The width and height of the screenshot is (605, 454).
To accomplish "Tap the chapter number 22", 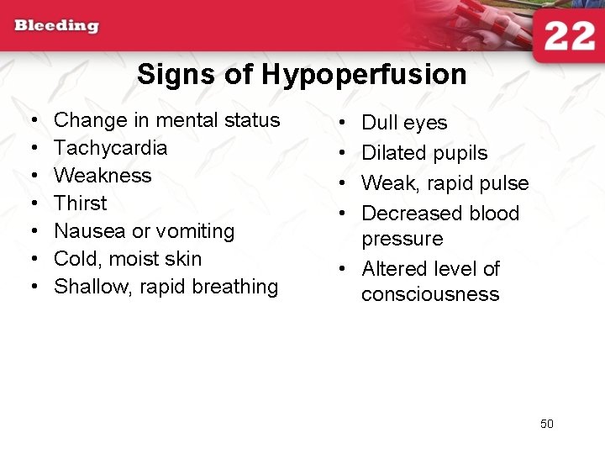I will (569, 37).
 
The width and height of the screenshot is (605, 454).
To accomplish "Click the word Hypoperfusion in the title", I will (364, 75).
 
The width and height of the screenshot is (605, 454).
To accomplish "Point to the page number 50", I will (547, 424).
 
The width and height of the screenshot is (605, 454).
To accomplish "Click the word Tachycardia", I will (110, 148).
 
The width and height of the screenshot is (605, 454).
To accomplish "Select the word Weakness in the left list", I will (103, 176).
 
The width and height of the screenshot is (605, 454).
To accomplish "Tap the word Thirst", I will (80, 203).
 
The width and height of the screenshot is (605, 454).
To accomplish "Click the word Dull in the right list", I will (379, 123).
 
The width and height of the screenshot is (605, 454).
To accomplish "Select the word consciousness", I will (430, 294).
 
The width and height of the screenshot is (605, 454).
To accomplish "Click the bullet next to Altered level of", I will (344, 269).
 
